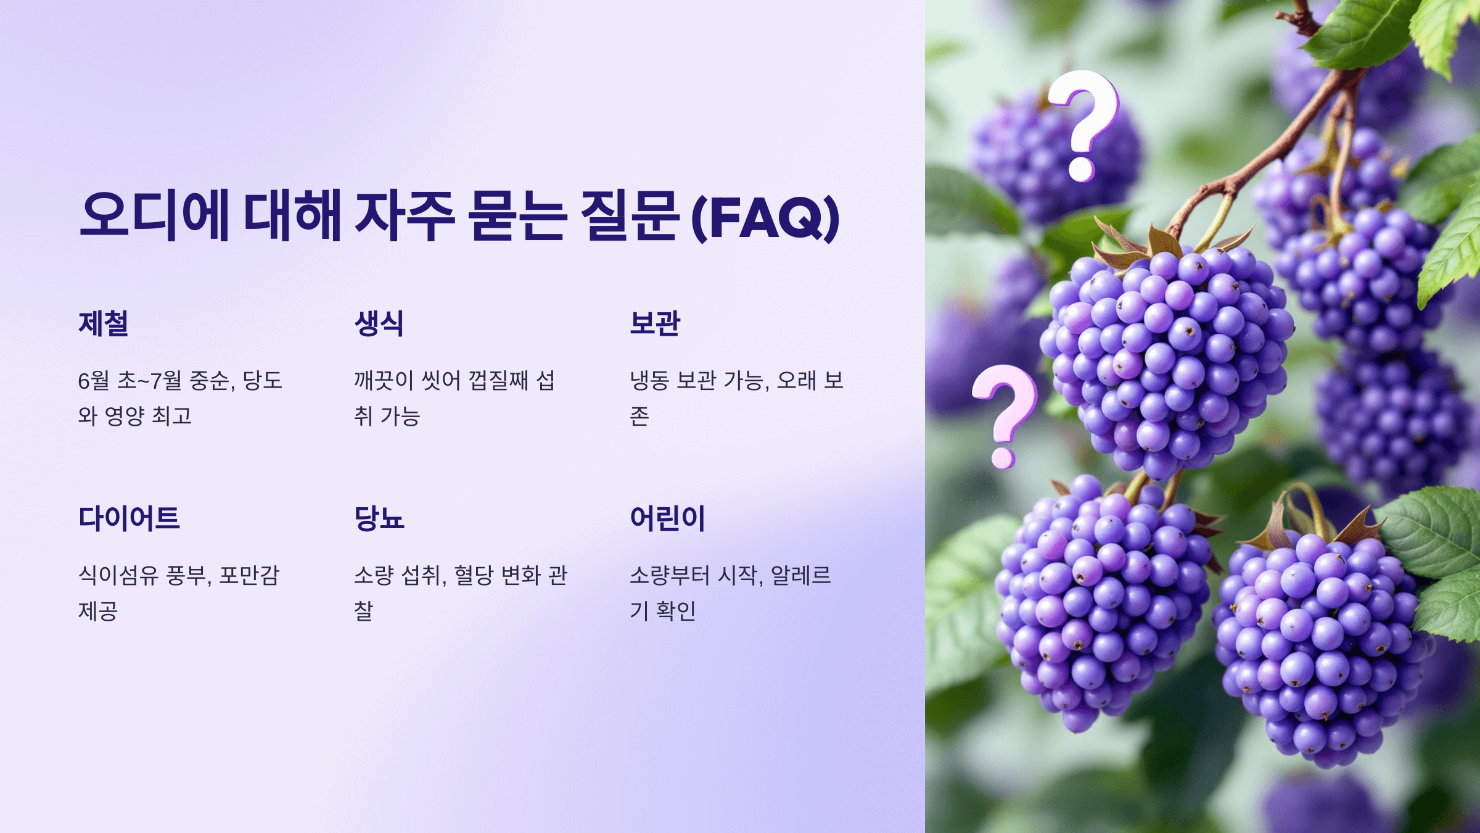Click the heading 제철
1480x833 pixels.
pos(104,324)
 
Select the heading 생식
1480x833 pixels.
pos(379,324)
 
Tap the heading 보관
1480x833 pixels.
pos(654,324)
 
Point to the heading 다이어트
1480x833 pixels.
pos(129,518)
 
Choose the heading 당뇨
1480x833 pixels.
pos(379,518)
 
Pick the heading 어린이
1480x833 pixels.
pos(667,518)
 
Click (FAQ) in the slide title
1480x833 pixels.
pos(765,217)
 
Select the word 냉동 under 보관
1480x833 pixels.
pos(649,381)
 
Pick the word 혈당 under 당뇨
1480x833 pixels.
pos(474,575)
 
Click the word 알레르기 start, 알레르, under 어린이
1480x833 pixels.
pos(800,575)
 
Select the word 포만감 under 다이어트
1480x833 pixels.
pos(249,575)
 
